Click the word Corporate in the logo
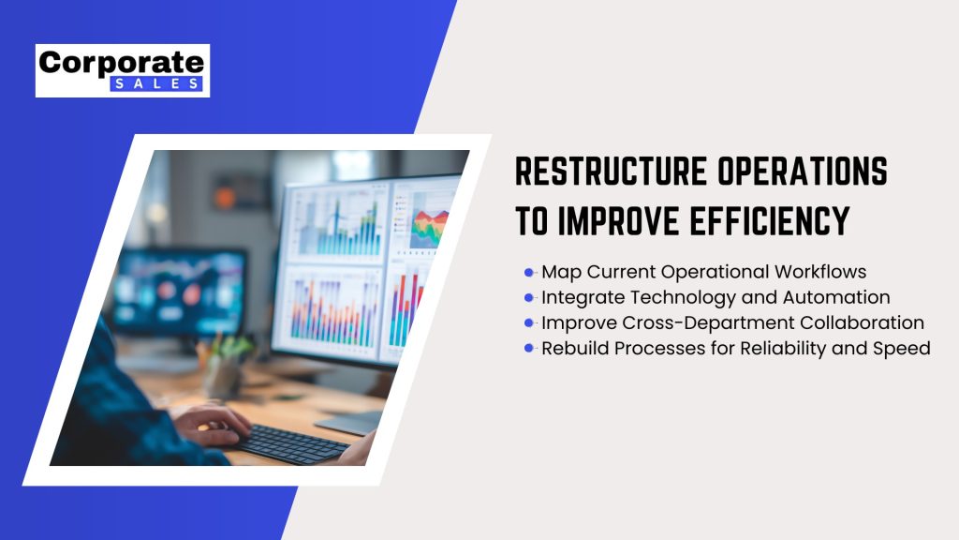coord(121,63)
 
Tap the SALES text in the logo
coord(156,83)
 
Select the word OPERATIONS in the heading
coord(803,171)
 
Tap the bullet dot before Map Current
coord(529,272)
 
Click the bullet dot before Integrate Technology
coord(529,297)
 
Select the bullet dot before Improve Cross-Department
coord(529,322)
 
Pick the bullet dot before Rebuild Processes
coord(529,349)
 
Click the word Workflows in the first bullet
coord(820,272)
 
